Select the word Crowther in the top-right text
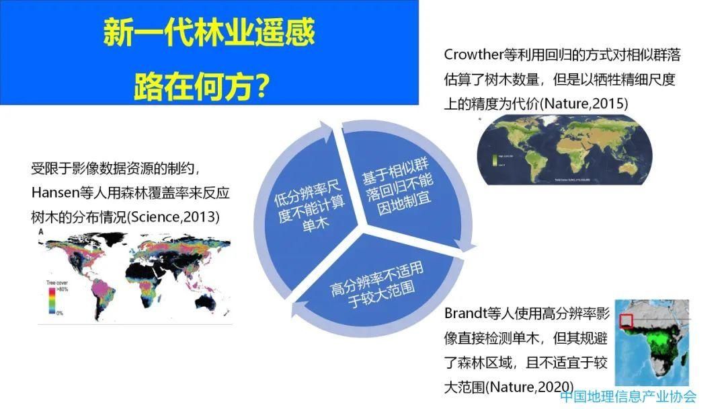click(x=473, y=54)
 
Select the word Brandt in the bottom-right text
click(x=467, y=314)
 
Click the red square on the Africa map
click(x=627, y=321)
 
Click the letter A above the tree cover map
click(x=41, y=231)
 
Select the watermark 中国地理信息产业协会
click(x=628, y=397)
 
